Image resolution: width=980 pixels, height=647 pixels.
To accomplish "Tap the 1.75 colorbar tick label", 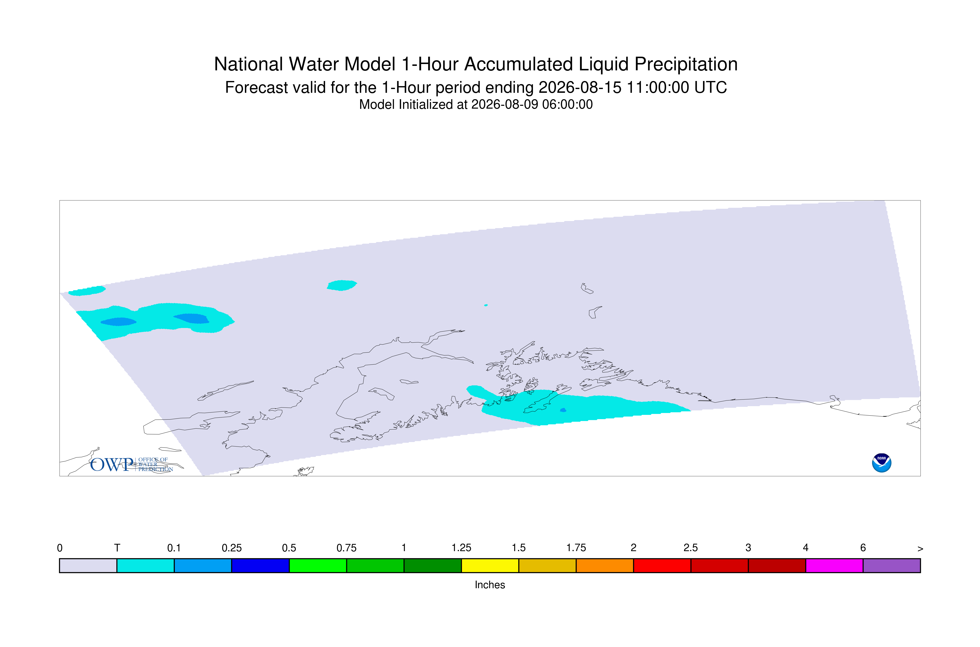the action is click(576, 548).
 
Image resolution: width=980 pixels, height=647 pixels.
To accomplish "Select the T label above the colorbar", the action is click(117, 548).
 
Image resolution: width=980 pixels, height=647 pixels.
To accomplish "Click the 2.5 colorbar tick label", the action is click(691, 548).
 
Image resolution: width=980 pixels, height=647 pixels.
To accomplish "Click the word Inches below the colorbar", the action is click(490, 585).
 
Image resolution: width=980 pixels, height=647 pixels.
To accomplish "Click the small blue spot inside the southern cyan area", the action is click(563, 410).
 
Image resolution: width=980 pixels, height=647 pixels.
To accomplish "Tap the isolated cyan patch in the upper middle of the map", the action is click(342, 285).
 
